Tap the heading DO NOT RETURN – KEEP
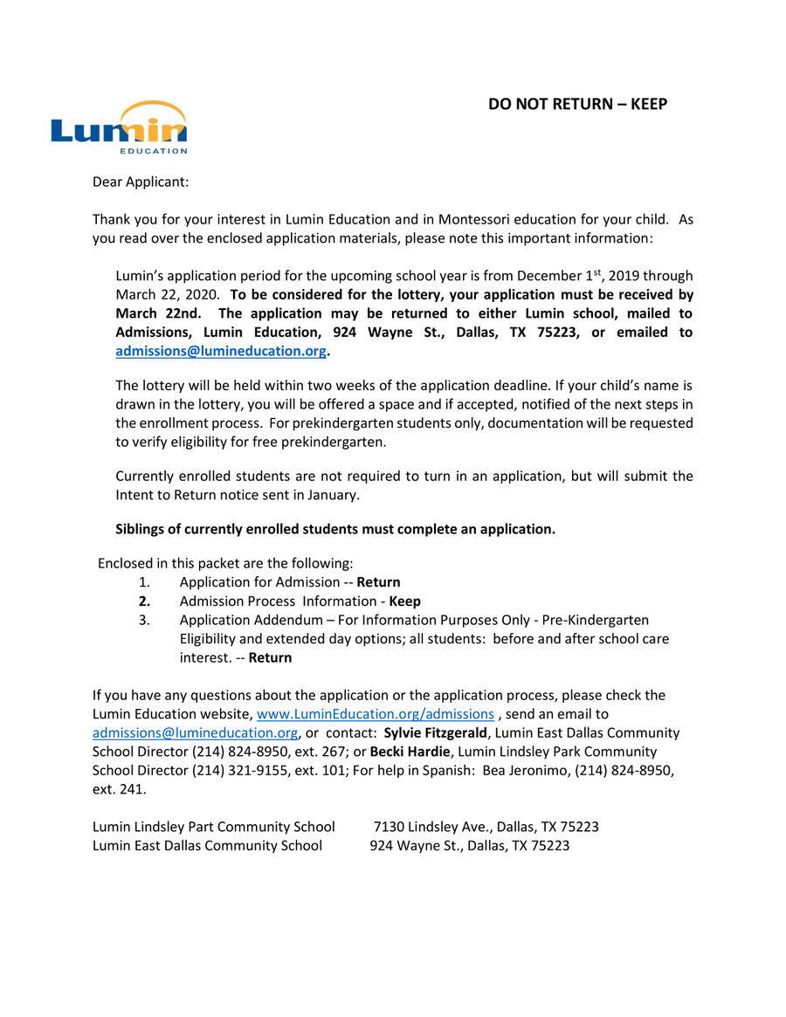pyautogui.click(x=577, y=105)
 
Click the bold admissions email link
pyautogui.click(x=222, y=351)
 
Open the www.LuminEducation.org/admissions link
pyautogui.click(x=375, y=714)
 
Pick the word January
pyautogui.click(x=330, y=495)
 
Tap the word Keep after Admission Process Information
pyautogui.click(x=404, y=601)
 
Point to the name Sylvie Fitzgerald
pyautogui.click(x=435, y=732)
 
